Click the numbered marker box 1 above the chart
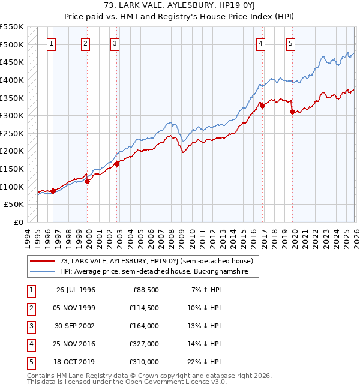(x=52, y=43)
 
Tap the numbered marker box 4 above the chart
(x=261, y=43)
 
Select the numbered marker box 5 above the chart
(x=290, y=43)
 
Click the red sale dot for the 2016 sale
(x=262, y=106)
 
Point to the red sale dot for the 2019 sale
(x=292, y=112)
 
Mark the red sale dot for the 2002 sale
(x=116, y=164)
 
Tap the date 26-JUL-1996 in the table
(x=76, y=290)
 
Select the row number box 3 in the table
(x=30, y=326)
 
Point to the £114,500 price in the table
(x=143, y=308)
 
